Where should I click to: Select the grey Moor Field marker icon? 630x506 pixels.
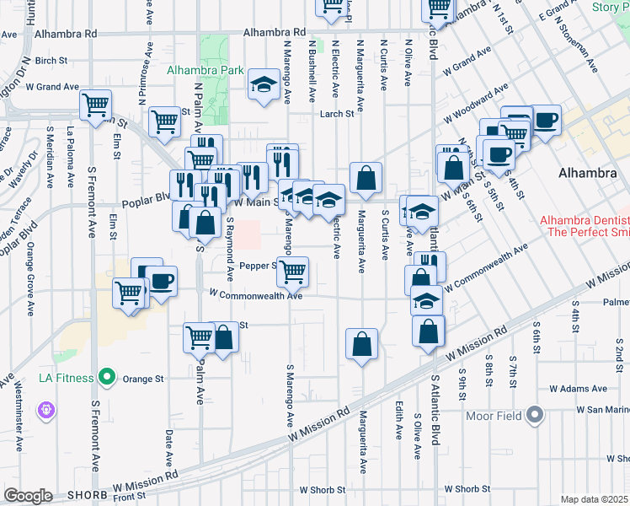pos(534,415)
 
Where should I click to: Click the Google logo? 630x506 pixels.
pos(28,496)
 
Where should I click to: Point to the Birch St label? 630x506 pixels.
pos(51,60)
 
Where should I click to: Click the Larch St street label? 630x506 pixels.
pos(334,114)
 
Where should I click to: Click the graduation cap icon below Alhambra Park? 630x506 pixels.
pos(264,84)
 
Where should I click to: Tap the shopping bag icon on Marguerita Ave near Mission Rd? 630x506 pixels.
pos(361,343)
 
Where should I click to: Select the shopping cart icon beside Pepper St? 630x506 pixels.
pos(292,272)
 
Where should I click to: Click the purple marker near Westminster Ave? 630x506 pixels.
pos(45,411)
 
